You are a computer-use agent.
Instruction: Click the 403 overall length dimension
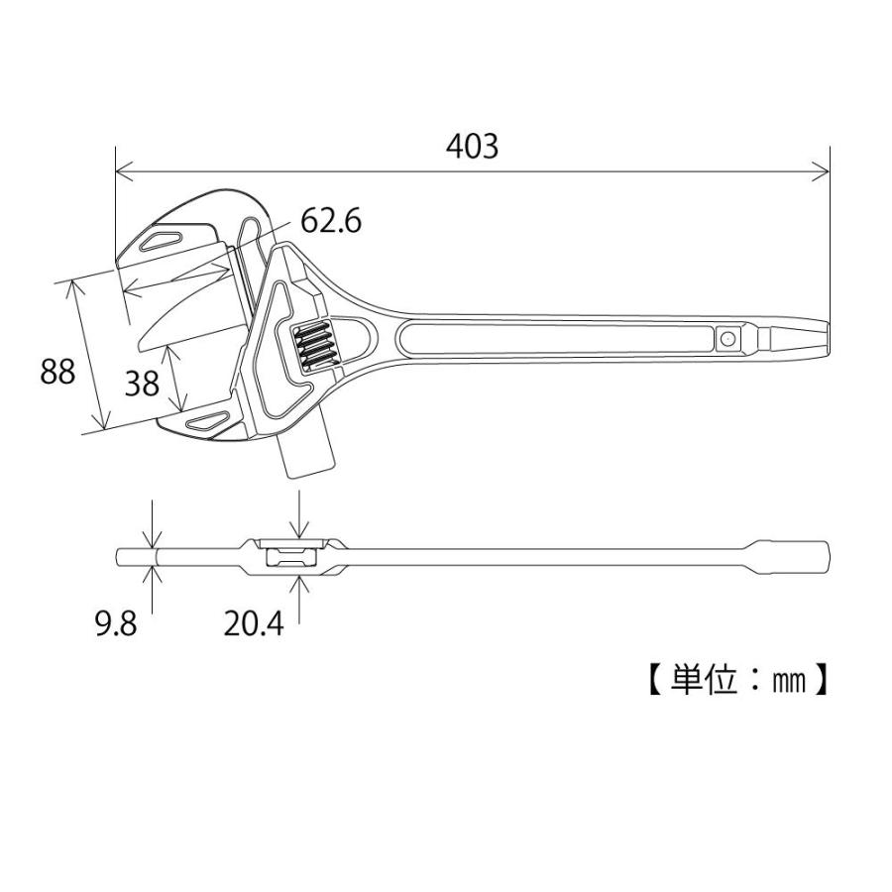[x=472, y=147]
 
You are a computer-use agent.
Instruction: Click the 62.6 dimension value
[x=331, y=221]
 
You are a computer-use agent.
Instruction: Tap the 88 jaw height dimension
[x=57, y=373]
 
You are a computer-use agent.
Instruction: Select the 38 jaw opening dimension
[x=143, y=383]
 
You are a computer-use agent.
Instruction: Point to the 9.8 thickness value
[x=116, y=624]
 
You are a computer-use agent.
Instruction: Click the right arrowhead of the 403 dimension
[x=822, y=173]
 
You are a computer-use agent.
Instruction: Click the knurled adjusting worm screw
[x=314, y=347]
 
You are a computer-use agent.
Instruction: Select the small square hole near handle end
[x=727, y=340]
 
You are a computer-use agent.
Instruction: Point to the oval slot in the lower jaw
[x=207, y=423]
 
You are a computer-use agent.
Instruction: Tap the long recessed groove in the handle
[x=555, y=339]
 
